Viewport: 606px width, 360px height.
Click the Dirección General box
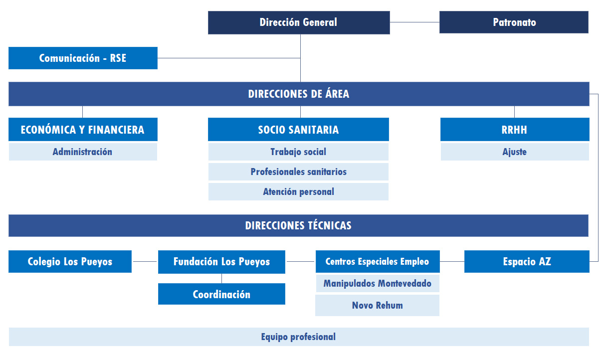point(299,22)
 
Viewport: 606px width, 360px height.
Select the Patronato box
point(514,22)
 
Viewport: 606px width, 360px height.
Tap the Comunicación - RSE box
point(83,58)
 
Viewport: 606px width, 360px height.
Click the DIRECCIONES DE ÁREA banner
point(299,94)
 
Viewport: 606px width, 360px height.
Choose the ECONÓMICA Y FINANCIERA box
point(83,129)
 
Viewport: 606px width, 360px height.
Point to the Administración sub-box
point(83,152)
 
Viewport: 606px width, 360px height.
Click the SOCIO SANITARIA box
point(298,129)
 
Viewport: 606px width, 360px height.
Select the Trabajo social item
point(298,152)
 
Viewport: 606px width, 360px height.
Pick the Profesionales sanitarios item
point(298,172)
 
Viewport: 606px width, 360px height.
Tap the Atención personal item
point(298,192)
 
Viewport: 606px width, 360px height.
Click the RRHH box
point(515,129)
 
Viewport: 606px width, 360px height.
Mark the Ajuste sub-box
point(515,152)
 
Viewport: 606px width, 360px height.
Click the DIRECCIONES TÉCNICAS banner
point(298,225)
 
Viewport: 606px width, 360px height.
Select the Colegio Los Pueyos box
point(70,262)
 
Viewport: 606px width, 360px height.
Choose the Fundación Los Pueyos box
point(221,262)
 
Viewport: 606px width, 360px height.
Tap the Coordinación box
point(221,294)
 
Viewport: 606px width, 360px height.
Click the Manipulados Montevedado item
point(378,283)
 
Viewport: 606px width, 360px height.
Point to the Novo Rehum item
point(378,305)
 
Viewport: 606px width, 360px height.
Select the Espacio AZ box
point(527,262)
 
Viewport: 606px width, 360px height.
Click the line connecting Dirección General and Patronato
point(415,22)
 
